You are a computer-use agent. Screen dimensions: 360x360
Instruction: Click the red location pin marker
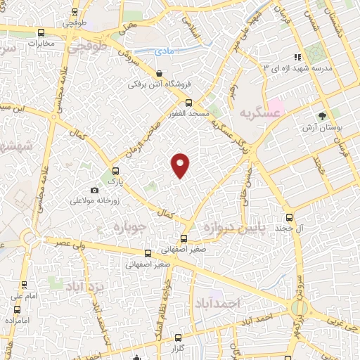point(181,165)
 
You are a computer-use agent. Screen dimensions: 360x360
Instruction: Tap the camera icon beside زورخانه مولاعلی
point(95,190)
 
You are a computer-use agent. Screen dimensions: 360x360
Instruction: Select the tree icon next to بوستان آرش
point(322,115)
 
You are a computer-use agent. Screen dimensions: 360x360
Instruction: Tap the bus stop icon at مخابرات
point(41,32)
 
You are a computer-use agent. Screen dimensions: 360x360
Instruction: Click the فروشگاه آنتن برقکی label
point(160,84)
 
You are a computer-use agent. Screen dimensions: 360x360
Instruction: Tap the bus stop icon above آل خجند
point(289,218)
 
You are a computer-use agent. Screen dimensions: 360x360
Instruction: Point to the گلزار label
point(178,348)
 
